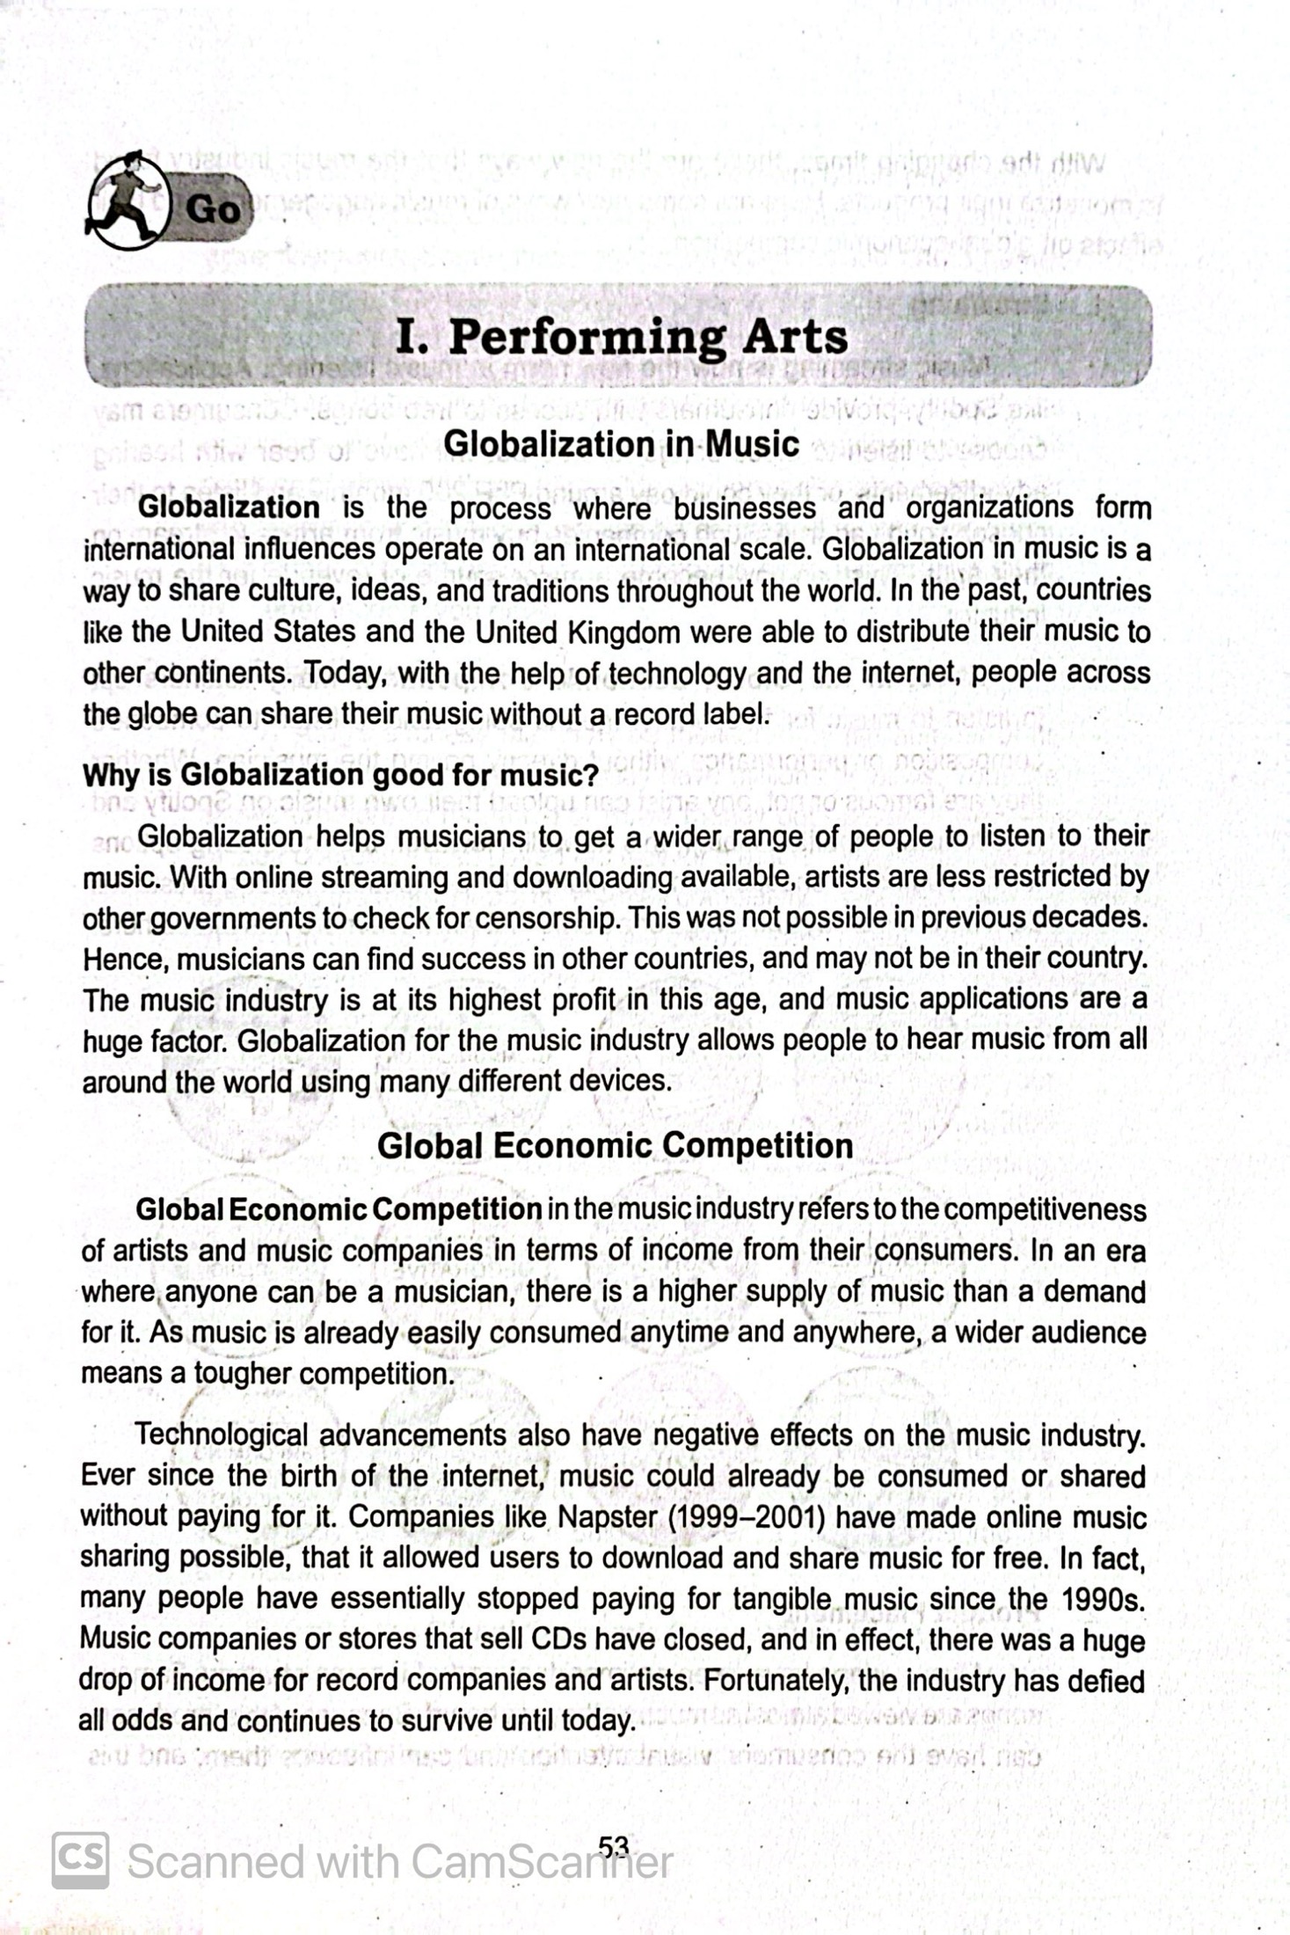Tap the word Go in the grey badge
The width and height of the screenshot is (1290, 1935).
click(x=212, y=209)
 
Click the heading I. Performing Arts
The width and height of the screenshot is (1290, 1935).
click(x=621, y=337)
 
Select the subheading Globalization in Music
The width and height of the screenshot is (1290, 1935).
click(x=621, y=443)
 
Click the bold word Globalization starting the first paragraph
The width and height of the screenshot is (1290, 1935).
click(x=229, y=507)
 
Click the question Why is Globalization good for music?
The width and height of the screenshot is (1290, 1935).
click(x=340, y=775)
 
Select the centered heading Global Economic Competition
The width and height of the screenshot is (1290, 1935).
click(x=615, y=1145)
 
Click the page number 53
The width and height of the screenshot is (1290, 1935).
click(x=614, y=1844)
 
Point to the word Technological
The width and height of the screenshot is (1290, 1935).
click(x=221, y=1435)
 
